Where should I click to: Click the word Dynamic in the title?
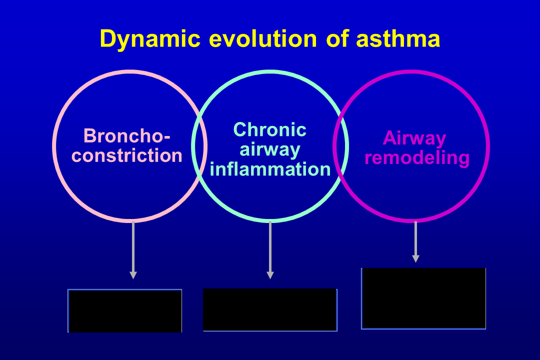coord(149,39)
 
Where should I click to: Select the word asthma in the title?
coord(398,39)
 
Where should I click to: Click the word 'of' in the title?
coord(336,39)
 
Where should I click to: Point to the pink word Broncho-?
coord(127,135)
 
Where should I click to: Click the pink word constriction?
coord(127,155)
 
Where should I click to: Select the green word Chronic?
coord(270,130)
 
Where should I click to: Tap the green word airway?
coord(270,149)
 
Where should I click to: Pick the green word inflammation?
coord(270,169)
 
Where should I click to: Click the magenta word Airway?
coord(414,138)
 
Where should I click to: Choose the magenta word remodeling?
coord(417,157)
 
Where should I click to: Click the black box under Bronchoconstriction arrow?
coord(125,310)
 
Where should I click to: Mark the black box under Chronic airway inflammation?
coord(270,309)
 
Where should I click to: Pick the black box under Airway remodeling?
coord(423,298)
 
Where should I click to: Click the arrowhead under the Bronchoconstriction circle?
coord(133,275)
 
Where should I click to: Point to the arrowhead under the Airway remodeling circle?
coord(415,258)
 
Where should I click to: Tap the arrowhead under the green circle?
coord(270,275)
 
